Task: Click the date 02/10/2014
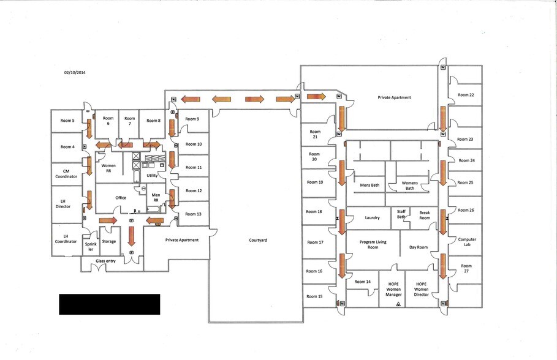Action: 75,72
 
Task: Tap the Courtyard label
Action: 258,240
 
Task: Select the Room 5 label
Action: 67,121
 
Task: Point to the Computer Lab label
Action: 467,242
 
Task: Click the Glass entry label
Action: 105,261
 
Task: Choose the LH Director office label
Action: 63,203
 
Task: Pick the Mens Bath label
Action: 369,185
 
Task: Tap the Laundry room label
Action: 372,217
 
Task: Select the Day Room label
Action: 419,247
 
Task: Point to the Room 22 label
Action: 466,95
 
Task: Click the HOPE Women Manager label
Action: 393,289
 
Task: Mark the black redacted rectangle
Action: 109,304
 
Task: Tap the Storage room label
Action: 108,241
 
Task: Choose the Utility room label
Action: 152,175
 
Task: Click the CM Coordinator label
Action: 66,174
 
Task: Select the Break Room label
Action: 425,216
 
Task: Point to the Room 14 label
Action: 363,282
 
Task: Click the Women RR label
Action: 108,168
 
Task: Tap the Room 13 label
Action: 194,214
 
